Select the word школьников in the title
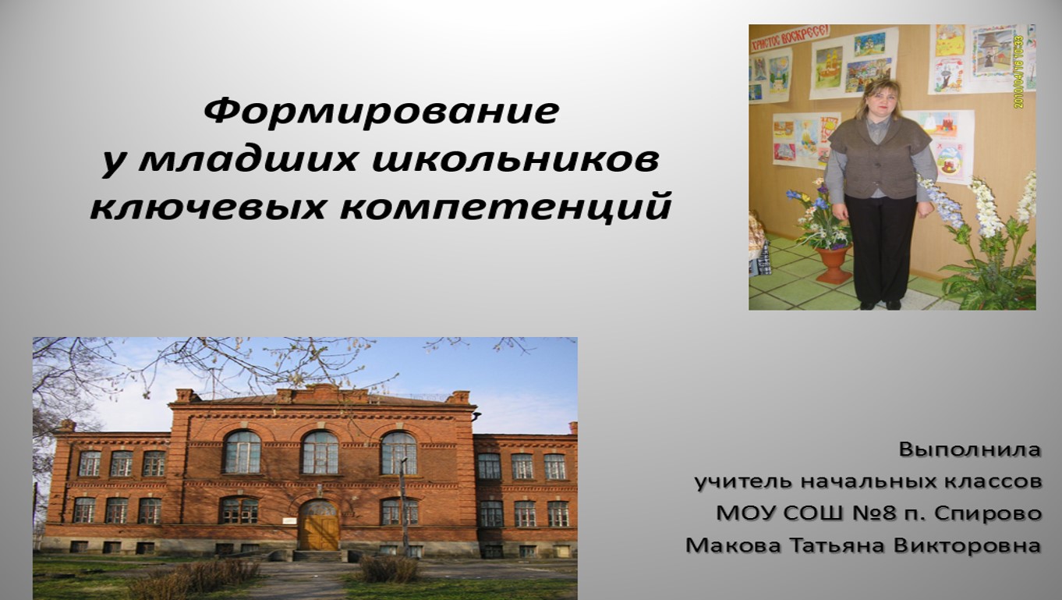[x=515, y=159]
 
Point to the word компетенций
[x=505, y=208]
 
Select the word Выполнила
[x=970, y=449]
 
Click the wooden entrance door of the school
[x=319, y=526]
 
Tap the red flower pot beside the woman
[x=834, y=263]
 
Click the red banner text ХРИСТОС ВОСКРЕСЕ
[x=790, y=37]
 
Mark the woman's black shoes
[x=880, y=304]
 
